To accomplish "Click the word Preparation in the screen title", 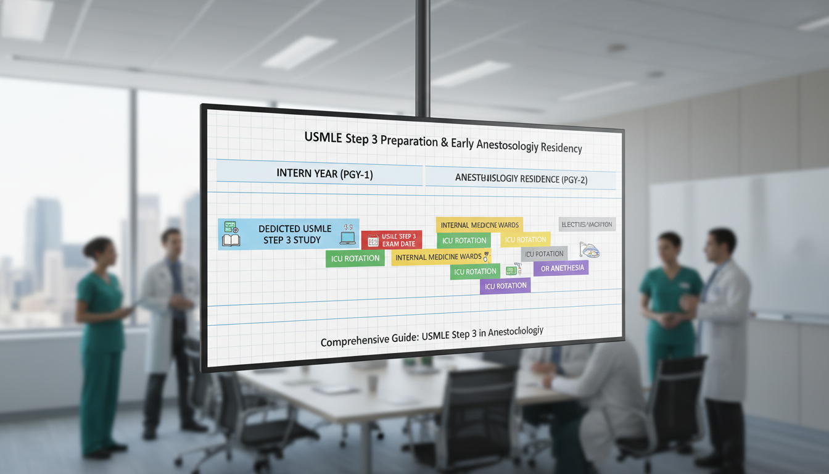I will [x=410, y=140].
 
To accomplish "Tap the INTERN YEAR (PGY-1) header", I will [x=324, y=174].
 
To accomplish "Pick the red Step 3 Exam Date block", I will [x=390, y=239].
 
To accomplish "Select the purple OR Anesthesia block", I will [x=561, y=268].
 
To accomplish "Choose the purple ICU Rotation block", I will [x=505, y=286].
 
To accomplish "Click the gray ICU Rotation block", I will [x=544, y=254].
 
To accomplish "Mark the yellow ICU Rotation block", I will [x=525, y=239].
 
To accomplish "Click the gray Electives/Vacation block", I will [x=587, y=225].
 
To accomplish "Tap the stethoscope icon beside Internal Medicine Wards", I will [x=487, y=256].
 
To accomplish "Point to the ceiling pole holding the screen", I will [x=423, y=56].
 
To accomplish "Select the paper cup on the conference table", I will [x=373, y=383].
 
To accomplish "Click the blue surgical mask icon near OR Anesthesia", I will [x=589, y=250].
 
